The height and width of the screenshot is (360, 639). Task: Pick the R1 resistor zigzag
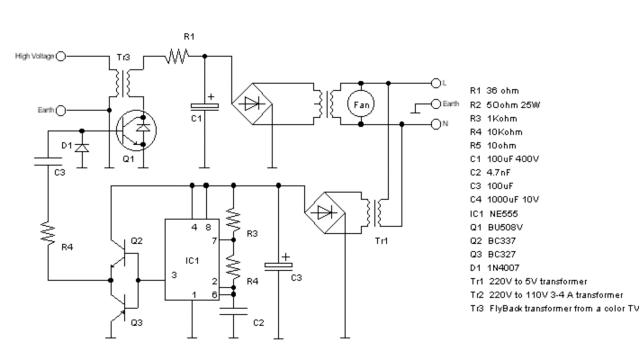pyautogui.click(x=177, y=56)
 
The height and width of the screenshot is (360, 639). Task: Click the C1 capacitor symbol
pyautogui.click(x=204, y=106)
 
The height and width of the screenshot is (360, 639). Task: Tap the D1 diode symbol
pyautogui.click(x=82, y=148)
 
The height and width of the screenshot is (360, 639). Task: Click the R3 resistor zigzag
pyautogui.click(x=233, y=220)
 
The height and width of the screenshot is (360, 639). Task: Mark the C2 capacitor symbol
pyautogui.click(x=233, y=311)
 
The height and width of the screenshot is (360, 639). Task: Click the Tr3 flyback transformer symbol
pyautogui.click(x=123, y=83)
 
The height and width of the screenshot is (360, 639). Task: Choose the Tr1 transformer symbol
pyautogui.click(x=375, y=212)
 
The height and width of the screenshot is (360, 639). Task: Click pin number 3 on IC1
pyautogui.click(x=174, y=275)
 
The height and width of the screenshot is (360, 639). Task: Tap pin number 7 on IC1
pyautogui.click(x=214, y=241)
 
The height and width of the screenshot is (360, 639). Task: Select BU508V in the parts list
pyautogui.click(x=505, y=227)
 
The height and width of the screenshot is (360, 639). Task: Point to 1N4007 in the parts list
pyautogui.click(x=503, y=268)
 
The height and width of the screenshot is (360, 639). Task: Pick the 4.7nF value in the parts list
pyautogui.click(x=499, y=173)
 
